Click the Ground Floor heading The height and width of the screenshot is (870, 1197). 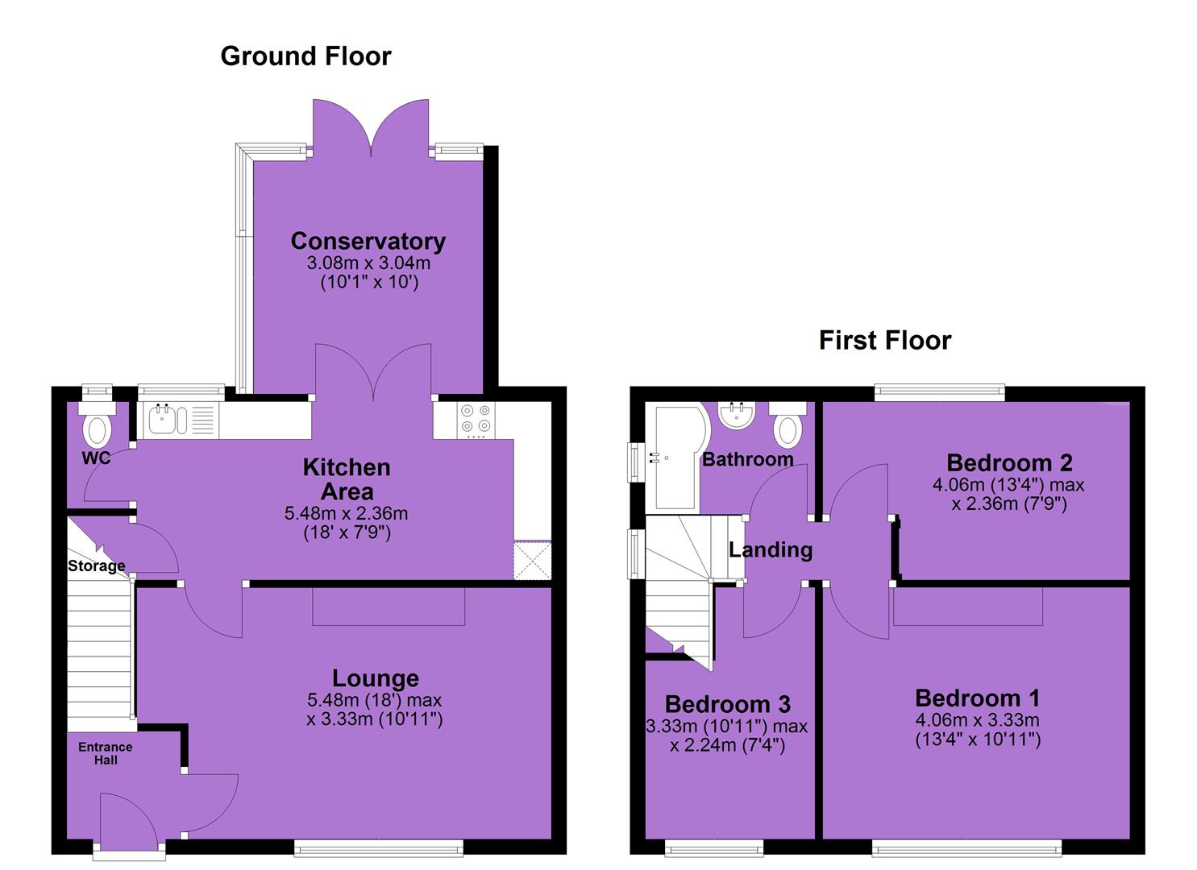tap(305, 56)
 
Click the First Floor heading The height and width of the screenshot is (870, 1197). tap(885, 340)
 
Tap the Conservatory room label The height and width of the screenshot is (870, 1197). tap(368, 242)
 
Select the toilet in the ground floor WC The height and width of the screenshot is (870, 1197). tap(98, 425)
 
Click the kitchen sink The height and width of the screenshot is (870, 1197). tap(168, 420)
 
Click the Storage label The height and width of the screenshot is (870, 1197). tap(97, 565)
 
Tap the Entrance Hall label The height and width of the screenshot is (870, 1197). tap(106, 753)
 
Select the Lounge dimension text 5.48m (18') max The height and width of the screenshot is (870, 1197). tap(374, 700)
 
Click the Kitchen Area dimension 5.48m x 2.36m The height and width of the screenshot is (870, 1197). tap(347, 513)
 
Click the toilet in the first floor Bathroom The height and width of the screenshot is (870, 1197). tap(788, 425)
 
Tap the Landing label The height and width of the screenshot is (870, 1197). tap(771, 550)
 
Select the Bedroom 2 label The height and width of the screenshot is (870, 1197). tap(1009, 463)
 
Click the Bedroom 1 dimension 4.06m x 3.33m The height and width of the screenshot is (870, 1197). tap(978, 720)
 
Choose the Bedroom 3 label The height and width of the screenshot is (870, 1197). tap(728, 704)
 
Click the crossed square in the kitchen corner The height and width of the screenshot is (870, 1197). tap(532, 560)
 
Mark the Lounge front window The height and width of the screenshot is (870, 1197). tap(379, 847)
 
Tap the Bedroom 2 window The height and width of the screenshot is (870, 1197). tap(939, 393)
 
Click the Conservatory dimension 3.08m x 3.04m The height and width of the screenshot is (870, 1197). tap(368, 263)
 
